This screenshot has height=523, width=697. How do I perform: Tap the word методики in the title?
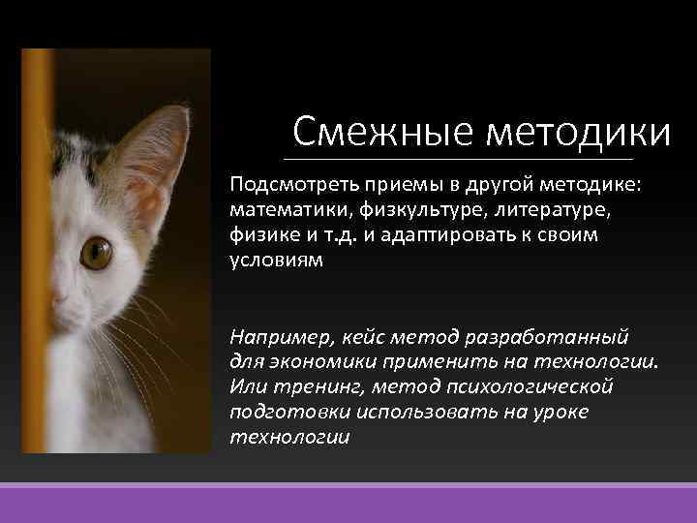[578, 130]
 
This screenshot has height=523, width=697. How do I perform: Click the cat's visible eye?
[96, 253]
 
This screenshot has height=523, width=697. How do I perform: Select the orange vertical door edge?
[37, 252]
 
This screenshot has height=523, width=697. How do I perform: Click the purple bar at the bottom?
[348, 504]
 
